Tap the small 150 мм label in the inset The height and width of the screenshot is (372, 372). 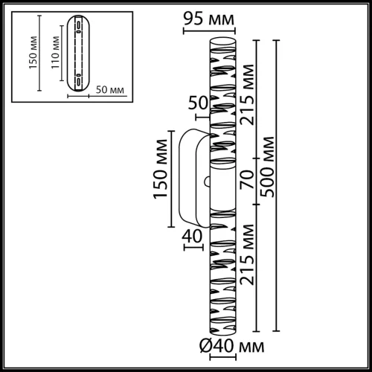pyautogui.click(x=32, y=54)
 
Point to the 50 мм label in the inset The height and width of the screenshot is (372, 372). pyautogui.click(x=110, y=90)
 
